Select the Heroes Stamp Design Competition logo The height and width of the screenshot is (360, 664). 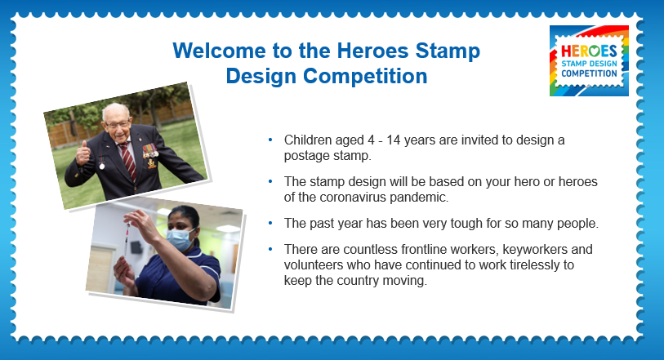tap(589, 60)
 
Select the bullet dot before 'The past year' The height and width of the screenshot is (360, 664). tap(270, 223)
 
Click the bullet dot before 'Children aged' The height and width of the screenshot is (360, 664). tap(270, 140)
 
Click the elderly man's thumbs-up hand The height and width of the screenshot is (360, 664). tap(82, 153)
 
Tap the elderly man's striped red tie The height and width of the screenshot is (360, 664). tap(127, 160)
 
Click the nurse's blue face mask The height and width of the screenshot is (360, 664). tap(180, 239)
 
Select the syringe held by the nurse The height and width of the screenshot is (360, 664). tap(127, 239)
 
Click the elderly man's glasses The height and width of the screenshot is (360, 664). tap(117, 125)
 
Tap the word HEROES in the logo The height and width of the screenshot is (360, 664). tap(589, 51)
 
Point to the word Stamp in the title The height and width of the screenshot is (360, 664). tap(448, 51)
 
